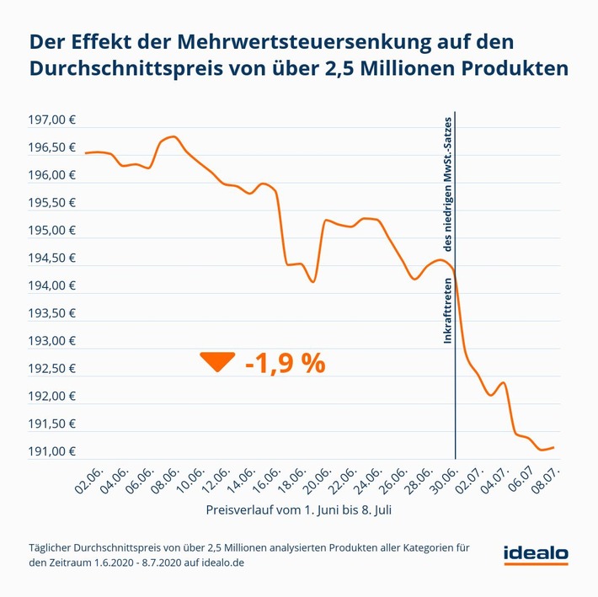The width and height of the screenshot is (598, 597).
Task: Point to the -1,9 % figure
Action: click(285, 363)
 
